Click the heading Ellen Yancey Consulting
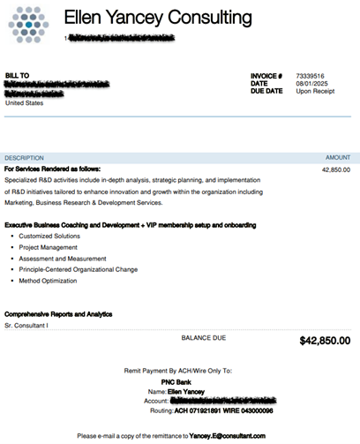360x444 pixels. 158,18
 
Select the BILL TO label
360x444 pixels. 17,76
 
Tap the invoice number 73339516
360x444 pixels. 310,76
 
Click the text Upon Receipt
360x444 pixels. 315,91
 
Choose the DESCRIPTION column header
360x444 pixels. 24,157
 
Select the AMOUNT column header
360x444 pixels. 337,157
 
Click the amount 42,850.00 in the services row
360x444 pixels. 334,169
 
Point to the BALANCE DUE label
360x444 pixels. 204,337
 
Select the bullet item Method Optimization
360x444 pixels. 48,281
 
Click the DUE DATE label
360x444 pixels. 266,91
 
